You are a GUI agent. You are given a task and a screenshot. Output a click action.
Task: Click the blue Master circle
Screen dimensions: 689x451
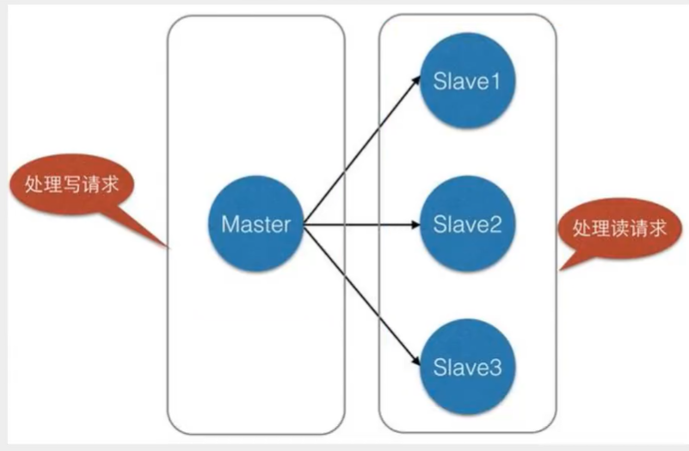[x=255, y=224]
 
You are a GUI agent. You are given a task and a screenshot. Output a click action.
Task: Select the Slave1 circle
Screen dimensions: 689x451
[x=467, y=80]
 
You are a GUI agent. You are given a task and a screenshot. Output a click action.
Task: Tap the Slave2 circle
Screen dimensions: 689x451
[x=467, y=224]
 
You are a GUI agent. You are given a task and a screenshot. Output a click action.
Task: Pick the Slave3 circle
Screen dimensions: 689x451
[x=467, y=367]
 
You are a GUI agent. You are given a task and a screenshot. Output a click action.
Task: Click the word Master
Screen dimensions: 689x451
[x=255, y=224]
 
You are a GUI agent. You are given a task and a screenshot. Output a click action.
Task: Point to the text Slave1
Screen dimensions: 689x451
[x=467, y=81]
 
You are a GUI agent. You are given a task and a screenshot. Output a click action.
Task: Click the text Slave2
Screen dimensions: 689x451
[x=467, y=224]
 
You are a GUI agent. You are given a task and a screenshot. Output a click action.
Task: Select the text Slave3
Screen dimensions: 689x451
[x=467, y=368]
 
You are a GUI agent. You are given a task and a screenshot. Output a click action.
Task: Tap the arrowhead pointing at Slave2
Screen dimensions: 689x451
[x=415, y=225]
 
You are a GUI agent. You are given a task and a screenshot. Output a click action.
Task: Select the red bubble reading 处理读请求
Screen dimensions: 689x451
[x=619, y=229]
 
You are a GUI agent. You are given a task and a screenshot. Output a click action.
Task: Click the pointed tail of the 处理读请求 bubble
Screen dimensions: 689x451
[x=560, y=269]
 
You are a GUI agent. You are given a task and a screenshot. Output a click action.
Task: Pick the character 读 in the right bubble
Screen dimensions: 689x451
[x=619, y=229]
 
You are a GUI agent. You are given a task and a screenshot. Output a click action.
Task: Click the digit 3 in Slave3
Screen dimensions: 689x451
[x=495, y=368]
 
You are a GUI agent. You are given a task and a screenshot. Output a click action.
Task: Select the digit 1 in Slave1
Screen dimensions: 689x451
[x=495, y=81]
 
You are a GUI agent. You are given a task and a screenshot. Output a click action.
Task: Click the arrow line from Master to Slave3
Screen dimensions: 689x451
[x=361, y=293]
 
